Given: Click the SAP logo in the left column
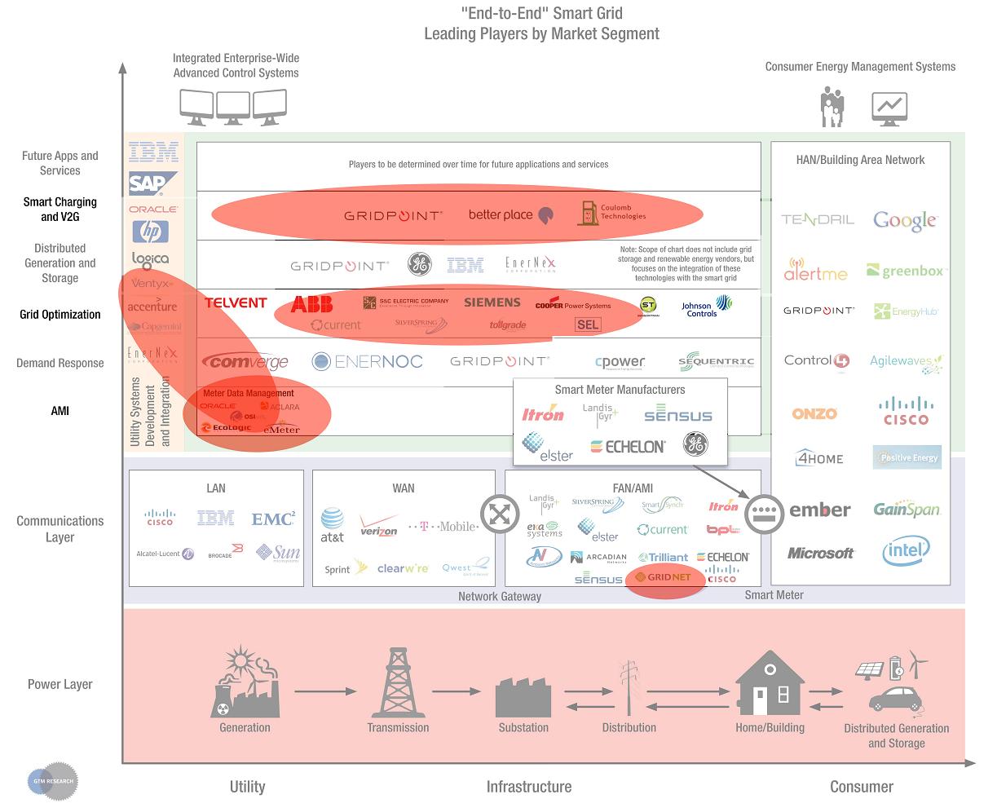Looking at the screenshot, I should coord(148,184).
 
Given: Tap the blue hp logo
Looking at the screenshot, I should coord(150,232).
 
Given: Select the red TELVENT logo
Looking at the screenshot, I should coord(236,302).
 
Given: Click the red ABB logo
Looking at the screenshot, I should coord(311,304).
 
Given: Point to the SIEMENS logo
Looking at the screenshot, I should coord(492,302).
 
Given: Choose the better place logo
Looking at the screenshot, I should coord(511,215).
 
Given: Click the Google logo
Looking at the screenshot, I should coord(905,219).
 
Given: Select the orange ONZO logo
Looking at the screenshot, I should coord(814,413).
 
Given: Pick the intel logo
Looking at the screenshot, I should coord(905,552).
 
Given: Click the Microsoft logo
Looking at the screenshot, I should coord(821,553).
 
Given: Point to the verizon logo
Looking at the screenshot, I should coord(379,526).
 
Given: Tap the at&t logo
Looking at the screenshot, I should coord(332,525).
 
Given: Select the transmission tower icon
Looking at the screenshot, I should coord(398,682).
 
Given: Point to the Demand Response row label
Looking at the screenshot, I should coord(60,363).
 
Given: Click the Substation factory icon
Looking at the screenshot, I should coord(523,696).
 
